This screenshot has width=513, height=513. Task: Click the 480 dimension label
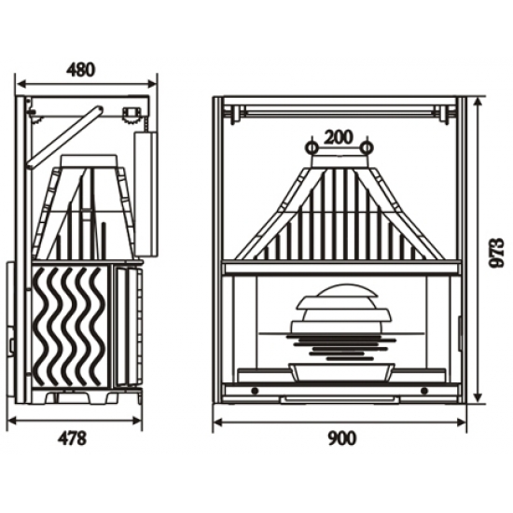(81, 70)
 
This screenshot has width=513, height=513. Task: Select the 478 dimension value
(73, 438)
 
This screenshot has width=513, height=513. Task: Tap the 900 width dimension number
(341, 438)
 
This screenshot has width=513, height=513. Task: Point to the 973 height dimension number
(495, 253)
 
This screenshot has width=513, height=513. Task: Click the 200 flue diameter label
(339, 137)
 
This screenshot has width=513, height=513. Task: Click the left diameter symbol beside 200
(312, 147)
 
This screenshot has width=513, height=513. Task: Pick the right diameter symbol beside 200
(367, 147)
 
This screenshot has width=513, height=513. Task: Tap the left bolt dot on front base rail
(256, 391)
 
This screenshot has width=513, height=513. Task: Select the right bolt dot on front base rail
(424, 391)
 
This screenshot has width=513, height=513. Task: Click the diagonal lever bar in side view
(64, 137)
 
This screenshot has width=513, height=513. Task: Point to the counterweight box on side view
(146, 194)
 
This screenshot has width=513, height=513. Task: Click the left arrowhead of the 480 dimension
(21, 84)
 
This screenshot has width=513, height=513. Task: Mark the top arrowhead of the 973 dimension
(478, 102)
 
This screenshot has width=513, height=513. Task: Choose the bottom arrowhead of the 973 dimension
(478, 398)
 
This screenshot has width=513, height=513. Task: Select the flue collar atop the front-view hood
(340, 161)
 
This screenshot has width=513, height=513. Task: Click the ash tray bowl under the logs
(340, 371)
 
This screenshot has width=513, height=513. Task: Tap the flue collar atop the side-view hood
(89, 161)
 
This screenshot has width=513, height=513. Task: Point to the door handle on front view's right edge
(459, 333)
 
